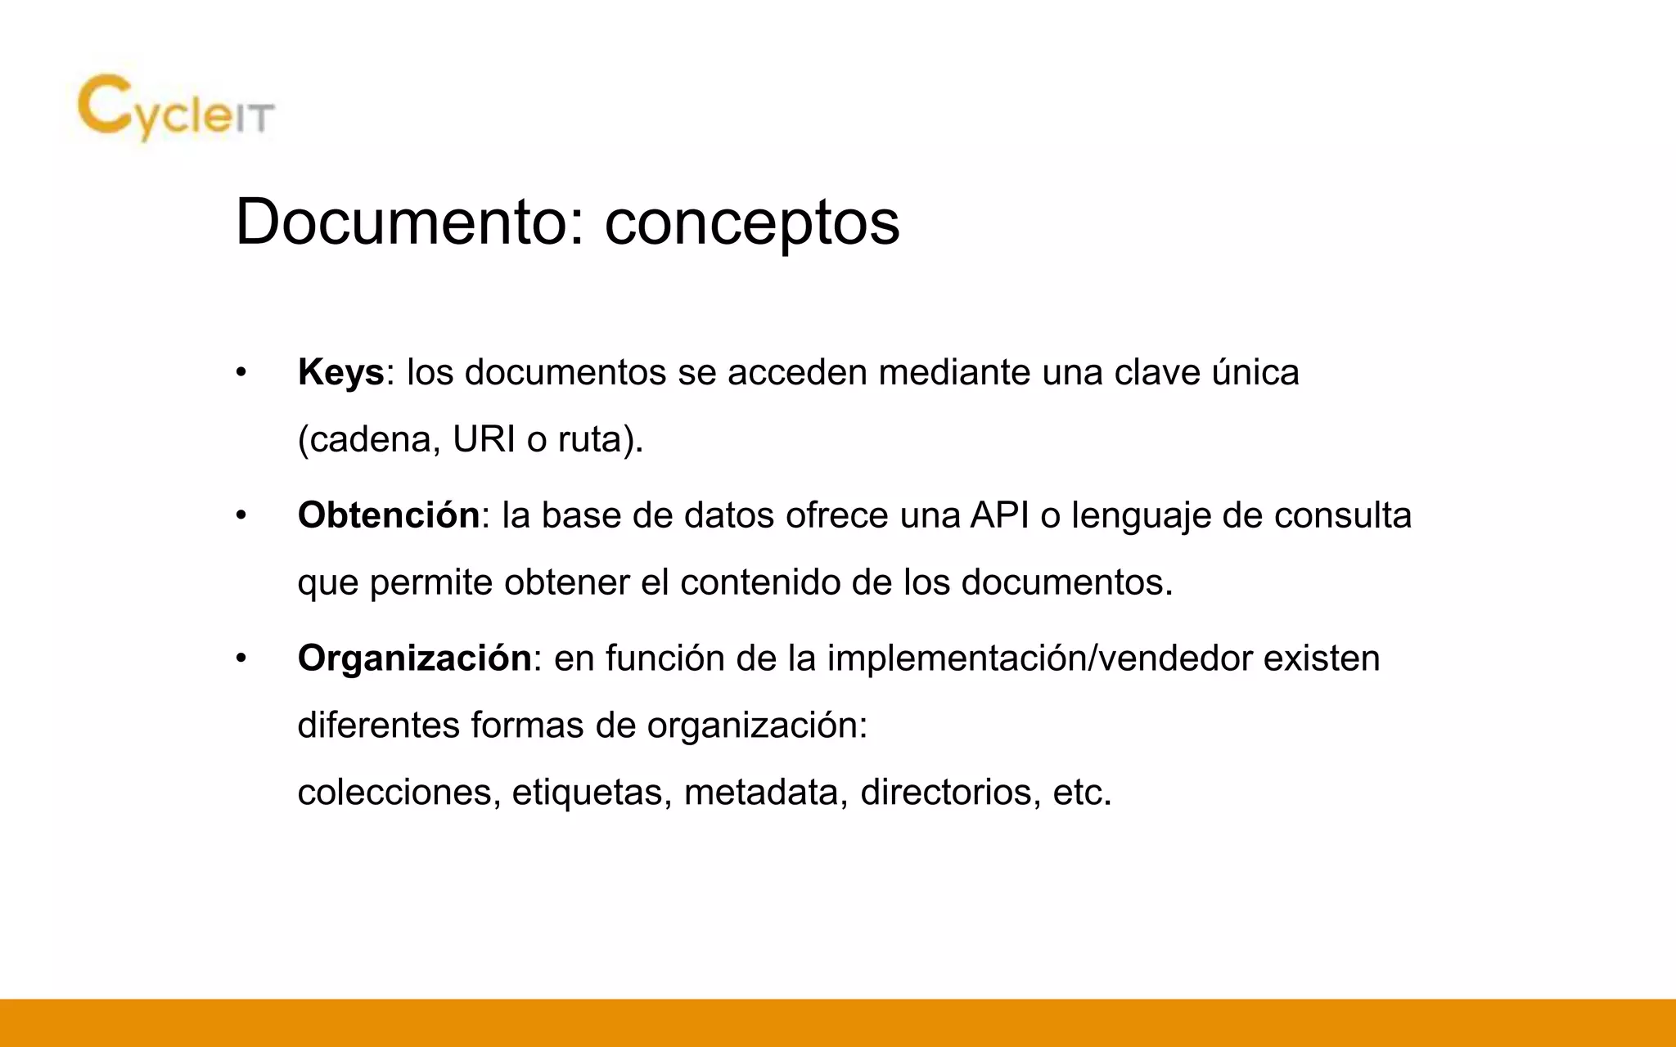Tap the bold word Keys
340,373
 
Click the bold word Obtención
389,515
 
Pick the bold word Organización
415,658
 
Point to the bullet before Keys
241,373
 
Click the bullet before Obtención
241,516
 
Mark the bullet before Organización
241,658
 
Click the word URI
484,440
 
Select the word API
999,515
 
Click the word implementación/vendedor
1039,658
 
